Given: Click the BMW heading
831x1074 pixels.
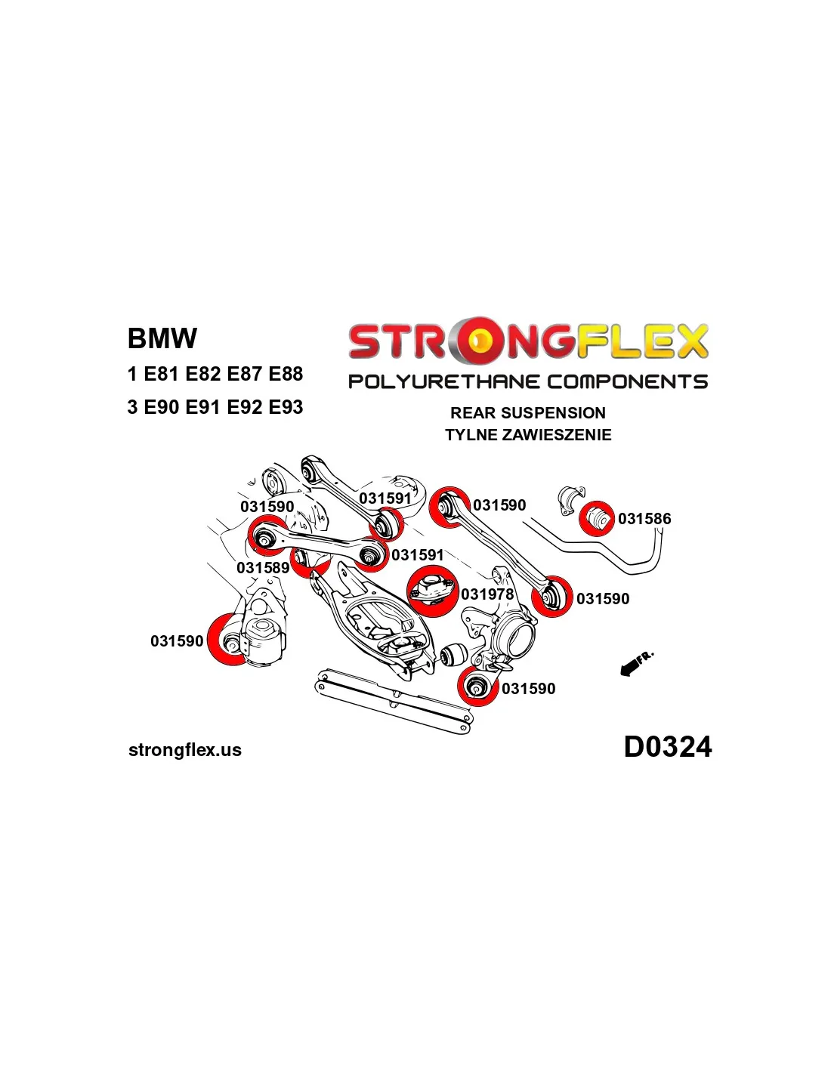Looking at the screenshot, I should click(162, 338).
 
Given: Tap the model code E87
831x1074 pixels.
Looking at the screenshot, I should click(243, 374).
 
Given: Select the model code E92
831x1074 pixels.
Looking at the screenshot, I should click(243, 407).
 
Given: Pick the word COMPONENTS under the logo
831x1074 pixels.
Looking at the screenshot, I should click(627, 381).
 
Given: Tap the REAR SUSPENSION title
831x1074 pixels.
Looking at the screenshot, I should click(528, 413).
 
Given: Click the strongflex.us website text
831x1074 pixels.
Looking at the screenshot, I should click(185, 750).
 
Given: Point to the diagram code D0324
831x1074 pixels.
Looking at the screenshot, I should click(667, 747).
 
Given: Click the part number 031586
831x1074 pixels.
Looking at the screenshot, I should click(644, 519).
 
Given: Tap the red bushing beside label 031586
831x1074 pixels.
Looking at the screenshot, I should click(597, 518).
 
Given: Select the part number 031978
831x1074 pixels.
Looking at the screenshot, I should click(487, 594).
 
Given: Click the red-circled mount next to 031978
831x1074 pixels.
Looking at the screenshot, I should click(431, 590).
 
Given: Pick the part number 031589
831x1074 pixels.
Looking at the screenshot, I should click(263, 568).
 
